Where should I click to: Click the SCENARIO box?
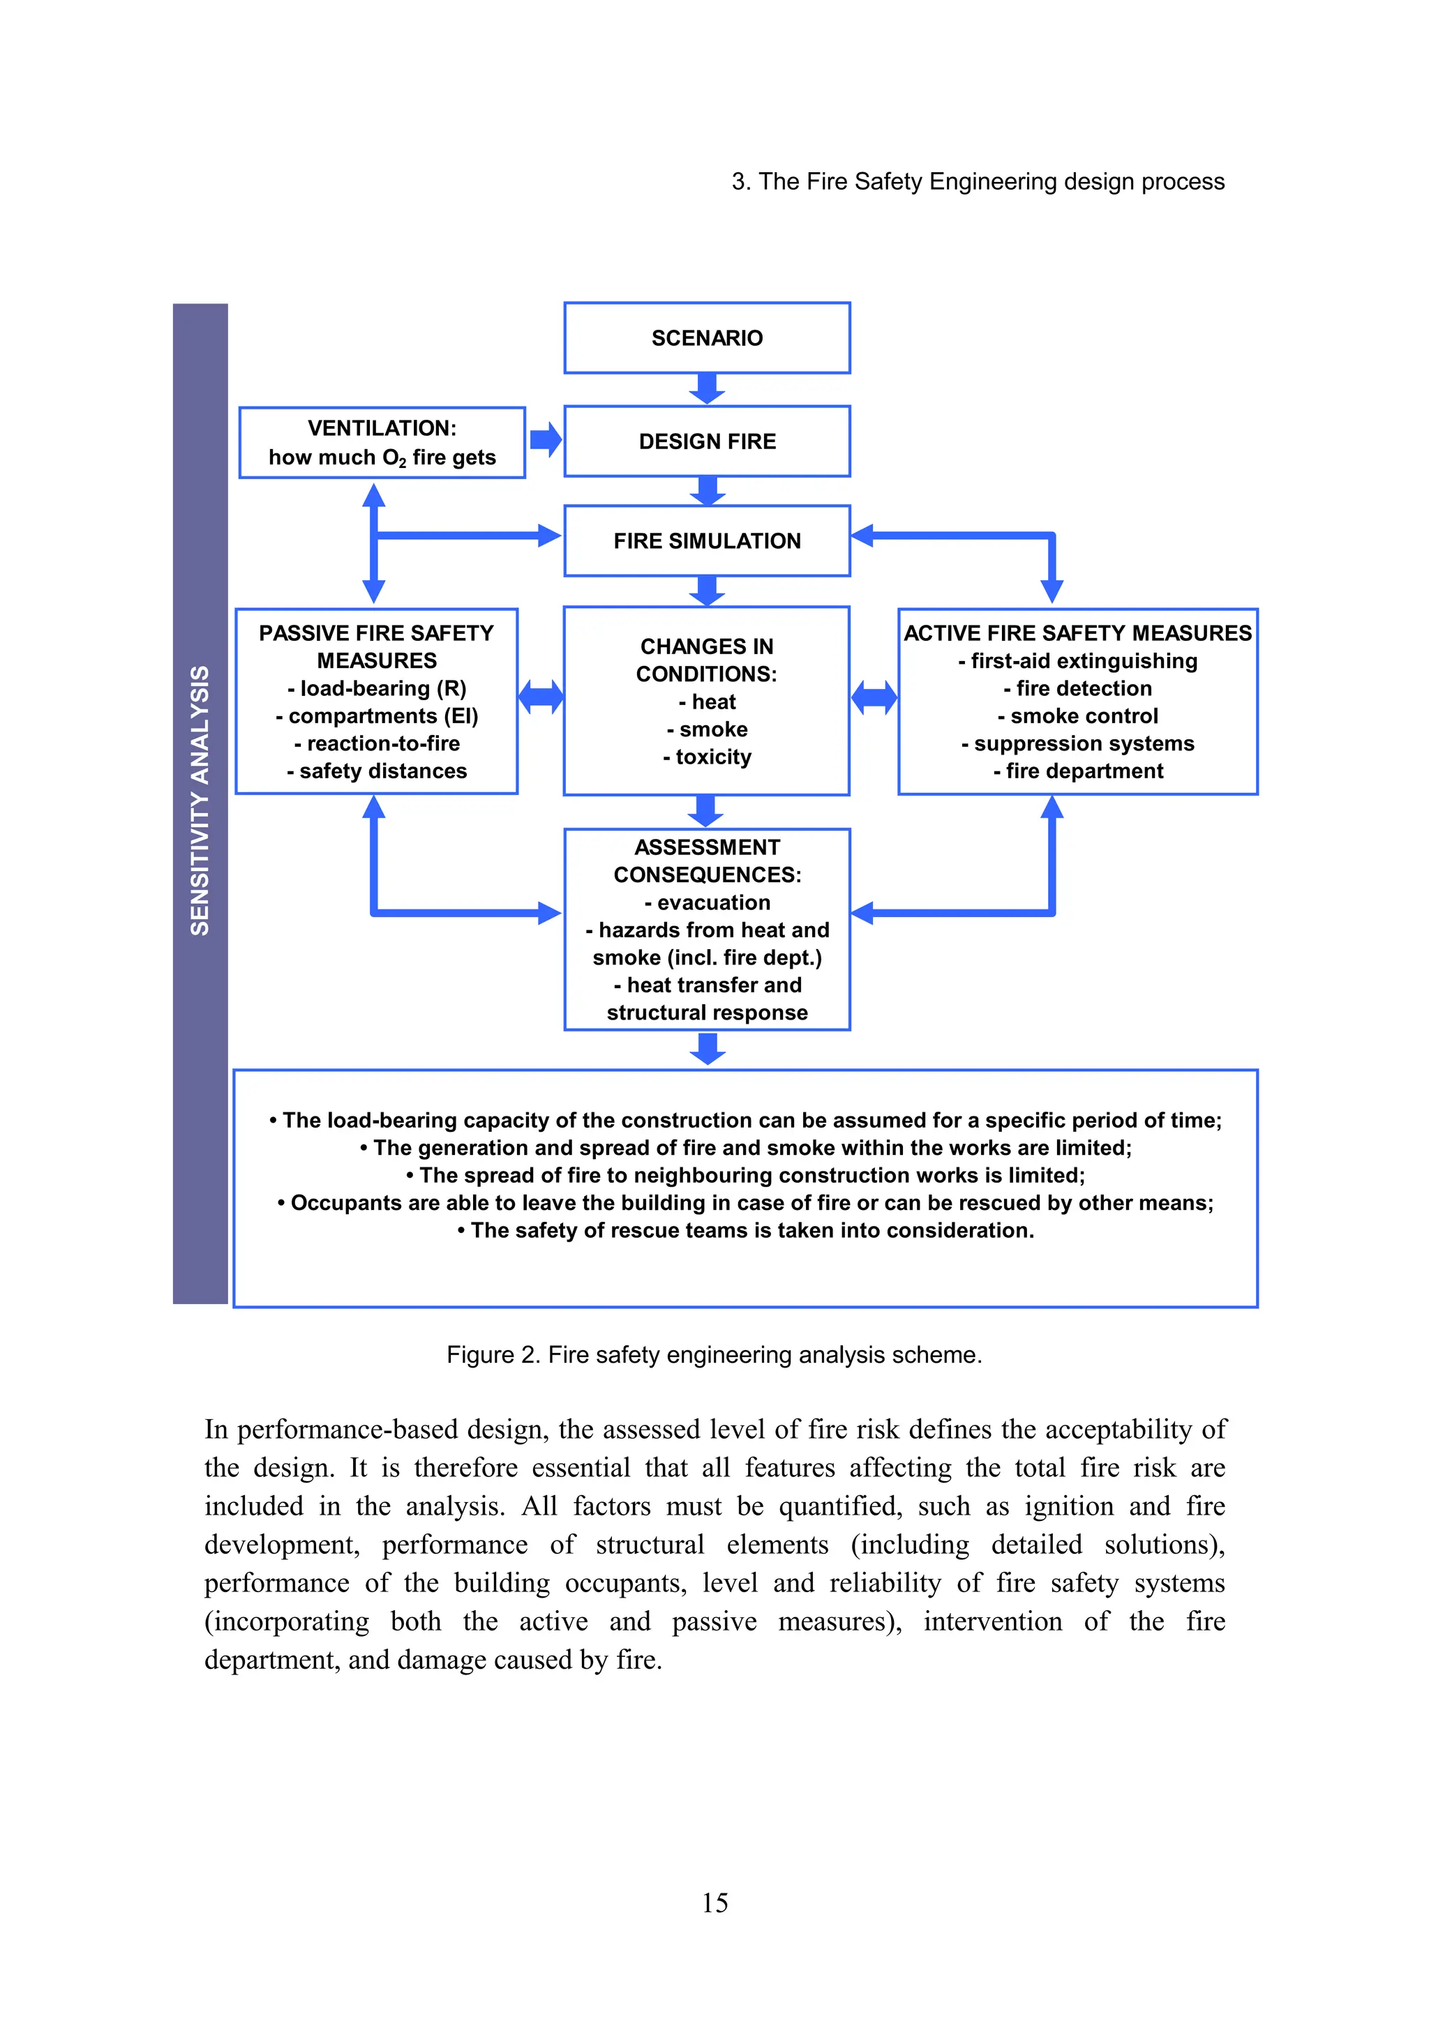tap(707, 338)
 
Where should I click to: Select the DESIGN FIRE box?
tap(707, 441)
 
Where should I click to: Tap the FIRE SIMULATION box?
tap(707, 540)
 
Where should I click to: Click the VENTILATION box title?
tap(382, 429)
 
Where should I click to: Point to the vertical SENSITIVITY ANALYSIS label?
tap(200, 801)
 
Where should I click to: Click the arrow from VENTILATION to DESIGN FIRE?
tap(546, 439)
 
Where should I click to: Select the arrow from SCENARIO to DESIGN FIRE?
tap(707, 388)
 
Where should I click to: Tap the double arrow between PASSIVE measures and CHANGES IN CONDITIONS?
tap(541, 697)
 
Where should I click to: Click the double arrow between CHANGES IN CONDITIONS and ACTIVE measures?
tap(874, 697)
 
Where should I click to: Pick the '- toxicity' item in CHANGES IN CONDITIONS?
tap(707, 757)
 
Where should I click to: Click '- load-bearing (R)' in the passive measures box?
tap(377, 688)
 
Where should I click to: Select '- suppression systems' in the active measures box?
tap(1078, 744)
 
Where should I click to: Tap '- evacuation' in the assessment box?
tap(707, 902)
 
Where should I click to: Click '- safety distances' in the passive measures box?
tap(377, 771)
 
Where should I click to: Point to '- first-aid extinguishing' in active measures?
tap(1078, 661)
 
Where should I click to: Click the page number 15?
tap(714, 1902)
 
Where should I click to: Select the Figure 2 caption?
tap(714, 1355)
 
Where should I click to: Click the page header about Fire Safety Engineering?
tap(978, 181)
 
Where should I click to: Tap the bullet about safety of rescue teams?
tap(746, 1231)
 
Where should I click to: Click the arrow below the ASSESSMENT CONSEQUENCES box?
tap(707, 1048)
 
